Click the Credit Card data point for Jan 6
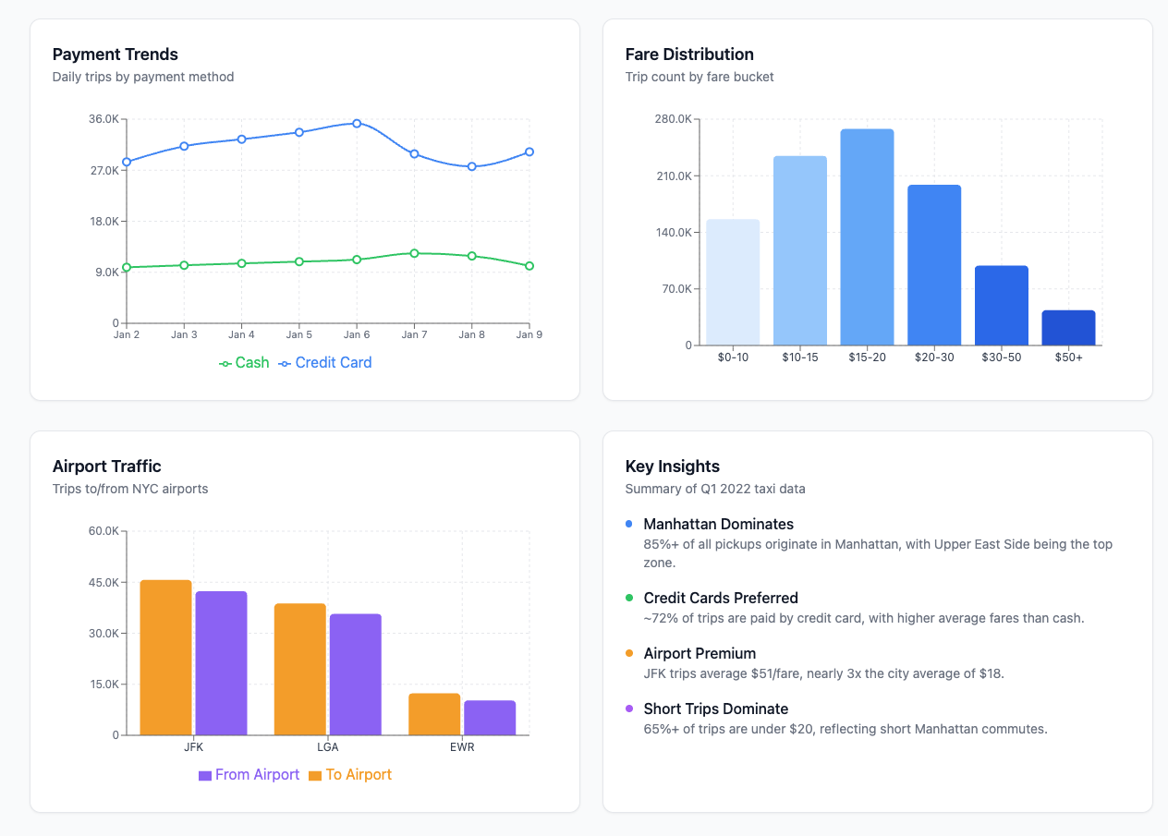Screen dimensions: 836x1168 [x=357, y=123]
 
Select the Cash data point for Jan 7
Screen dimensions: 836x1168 [x=414, y=253]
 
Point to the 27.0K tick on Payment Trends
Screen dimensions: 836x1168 [x=103, y=171]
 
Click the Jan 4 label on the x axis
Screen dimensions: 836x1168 [x=241, y=334]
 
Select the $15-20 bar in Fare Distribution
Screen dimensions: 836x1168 [x=867, y=237]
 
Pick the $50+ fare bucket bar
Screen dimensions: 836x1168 [x=1068, y=328]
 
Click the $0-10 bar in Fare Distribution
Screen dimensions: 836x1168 [x=733, y=283]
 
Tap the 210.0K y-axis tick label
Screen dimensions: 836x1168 [x=671, y=176]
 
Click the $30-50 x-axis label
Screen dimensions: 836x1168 [x=1001, y=357]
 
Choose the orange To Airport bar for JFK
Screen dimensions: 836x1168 [x=165, y=658]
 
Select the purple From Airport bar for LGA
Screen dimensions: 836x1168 [x=355, y=674]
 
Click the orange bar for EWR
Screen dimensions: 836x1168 [x=434, y=714]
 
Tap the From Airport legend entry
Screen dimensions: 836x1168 [x=249, y=775]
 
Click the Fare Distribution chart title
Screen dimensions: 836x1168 [x=688, y=55]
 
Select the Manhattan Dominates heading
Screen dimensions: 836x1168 [x=718, y=525]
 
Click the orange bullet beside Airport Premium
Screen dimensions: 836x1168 [x=629, y=653]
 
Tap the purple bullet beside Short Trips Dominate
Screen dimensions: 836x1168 [x=629, y=709]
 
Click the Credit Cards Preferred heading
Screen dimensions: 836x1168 [x=720, y=599]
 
